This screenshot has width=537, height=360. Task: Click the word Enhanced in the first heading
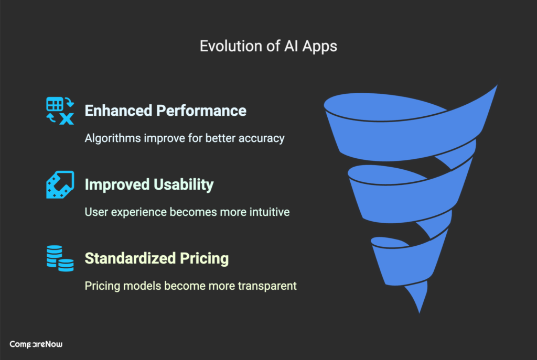point(117,111)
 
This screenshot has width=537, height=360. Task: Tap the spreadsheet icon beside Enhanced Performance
point(59,111)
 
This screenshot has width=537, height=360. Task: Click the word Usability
point(184,184)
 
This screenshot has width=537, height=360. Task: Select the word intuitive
point(268,212)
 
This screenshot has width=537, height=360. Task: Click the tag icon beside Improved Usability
point(59,184)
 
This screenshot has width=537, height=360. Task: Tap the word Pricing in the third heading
point(205,258)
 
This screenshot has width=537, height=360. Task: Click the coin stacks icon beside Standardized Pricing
point(59,258)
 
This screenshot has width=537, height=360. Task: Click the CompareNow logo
point(37,344)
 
